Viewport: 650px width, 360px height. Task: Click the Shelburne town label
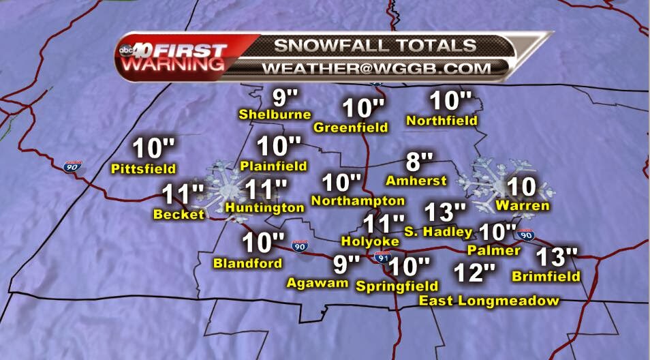(275, 115)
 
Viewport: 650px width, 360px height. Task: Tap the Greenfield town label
(351, 127)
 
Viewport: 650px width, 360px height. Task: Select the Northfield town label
(442, 121)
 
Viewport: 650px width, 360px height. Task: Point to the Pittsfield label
(144, 168)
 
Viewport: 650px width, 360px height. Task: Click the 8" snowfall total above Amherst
(419, 162)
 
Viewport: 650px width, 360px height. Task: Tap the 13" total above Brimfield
(557, 258)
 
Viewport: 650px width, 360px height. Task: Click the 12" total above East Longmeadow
(474, 273)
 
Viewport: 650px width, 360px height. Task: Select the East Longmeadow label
(489, 301)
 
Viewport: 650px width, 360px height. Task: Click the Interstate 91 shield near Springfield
(382, 258)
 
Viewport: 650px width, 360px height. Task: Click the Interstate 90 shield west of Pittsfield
(70, 166)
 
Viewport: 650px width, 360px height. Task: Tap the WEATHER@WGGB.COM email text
(376, 68)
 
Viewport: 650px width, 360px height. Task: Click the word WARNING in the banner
(173, 65)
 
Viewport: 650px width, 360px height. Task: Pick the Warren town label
(523, 205)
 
